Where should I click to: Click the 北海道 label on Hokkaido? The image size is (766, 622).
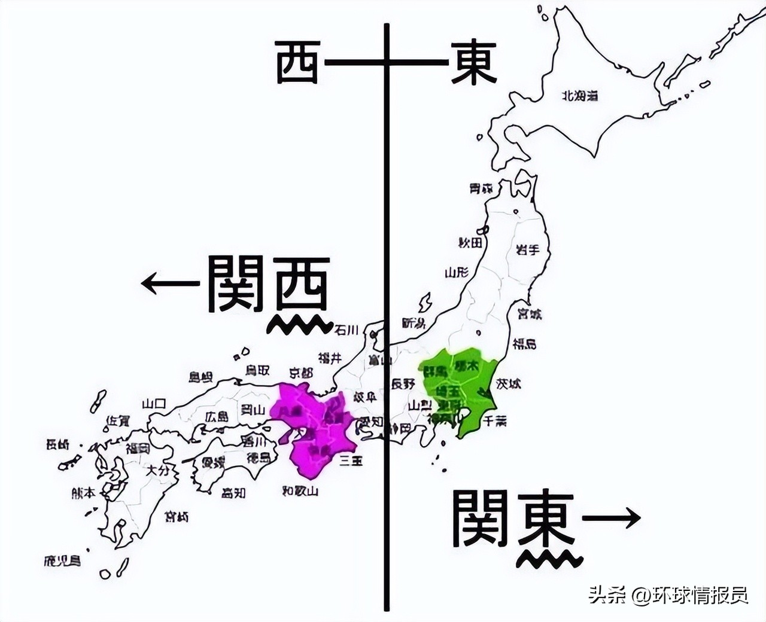(579, 96)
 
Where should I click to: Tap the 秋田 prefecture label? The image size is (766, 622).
(470, 243)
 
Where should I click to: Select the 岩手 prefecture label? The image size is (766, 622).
(527, 250)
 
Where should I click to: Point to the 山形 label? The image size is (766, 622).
(456, 273)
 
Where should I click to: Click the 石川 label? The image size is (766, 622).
(346, 330)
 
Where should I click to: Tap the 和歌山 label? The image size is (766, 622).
(300, 491)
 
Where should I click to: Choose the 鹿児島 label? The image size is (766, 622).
(62, 561)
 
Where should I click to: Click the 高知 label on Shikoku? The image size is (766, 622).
(233, 493)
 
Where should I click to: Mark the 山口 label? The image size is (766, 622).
(154, 404)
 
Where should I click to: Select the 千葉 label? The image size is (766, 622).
(495, 421)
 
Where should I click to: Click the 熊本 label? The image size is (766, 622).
(83, 493)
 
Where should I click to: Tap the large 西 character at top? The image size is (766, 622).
(297, 62)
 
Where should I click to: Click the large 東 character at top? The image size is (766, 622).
(473, 62)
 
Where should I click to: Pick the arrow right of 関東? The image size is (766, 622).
(611, 518)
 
